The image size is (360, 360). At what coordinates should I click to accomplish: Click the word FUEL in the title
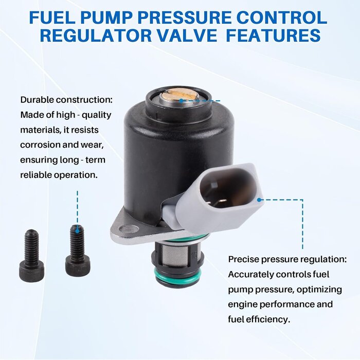(x=52, y=17)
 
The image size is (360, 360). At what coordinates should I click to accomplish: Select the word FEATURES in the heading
(x=273, y=35)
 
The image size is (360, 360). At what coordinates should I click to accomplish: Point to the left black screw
(x=31, y=255)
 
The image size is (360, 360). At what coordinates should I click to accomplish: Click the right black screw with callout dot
(x=78, y=250)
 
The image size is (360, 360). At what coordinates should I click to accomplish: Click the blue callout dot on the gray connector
(x=259, y=200)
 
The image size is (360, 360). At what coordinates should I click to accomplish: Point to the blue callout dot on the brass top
(x=181, y=101)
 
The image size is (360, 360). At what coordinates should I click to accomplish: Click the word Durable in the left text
(x=37, y=100)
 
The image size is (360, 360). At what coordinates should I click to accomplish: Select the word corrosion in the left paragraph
(x=37, y=145)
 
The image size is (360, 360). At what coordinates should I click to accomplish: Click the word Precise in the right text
(x=243, y=260)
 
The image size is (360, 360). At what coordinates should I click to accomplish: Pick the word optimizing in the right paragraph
(x=319, y=290)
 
